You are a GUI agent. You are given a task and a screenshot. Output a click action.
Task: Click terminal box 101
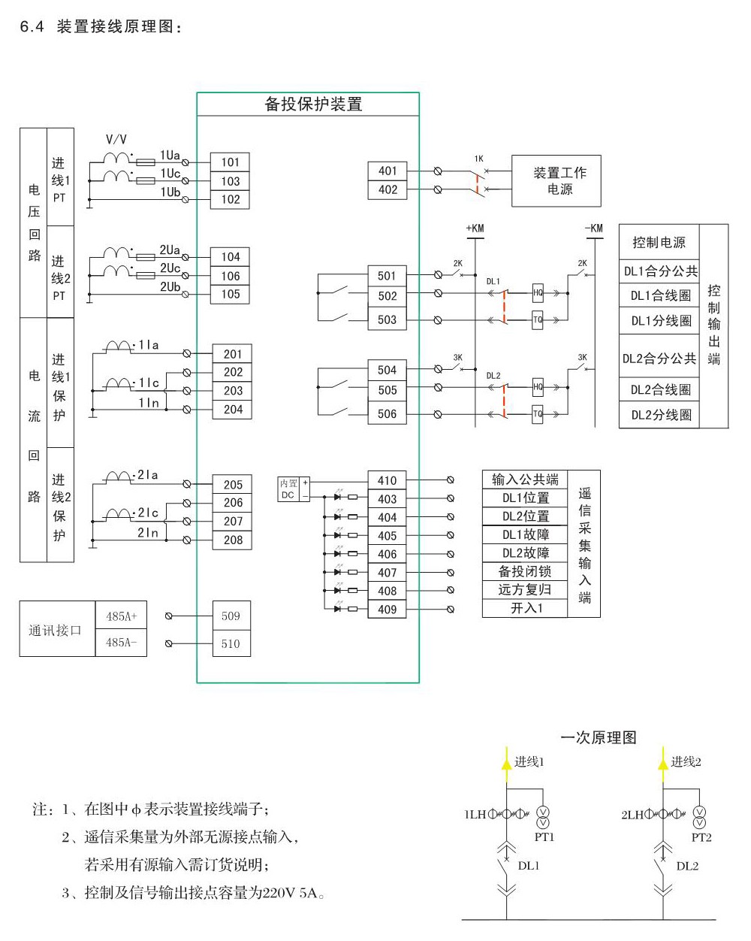click(x=230, y=162)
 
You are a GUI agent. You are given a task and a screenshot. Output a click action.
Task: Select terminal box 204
click(x=233, y=410)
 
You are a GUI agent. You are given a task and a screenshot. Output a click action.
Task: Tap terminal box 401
click(x=388, y=171)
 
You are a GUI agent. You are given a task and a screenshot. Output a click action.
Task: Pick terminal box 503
click(x=387, y=319)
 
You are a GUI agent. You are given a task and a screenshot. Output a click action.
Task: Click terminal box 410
click(x=387, y=480)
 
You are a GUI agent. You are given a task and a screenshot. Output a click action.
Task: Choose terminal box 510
click(x=231, y=643)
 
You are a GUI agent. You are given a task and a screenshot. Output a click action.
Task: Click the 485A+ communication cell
click(x=122, y=616)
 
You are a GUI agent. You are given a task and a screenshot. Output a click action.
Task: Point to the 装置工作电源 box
click(x=556, y=181)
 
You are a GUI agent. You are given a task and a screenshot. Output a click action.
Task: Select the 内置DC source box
click(x=289, y=489)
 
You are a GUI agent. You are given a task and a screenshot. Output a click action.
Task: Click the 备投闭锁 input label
click(x=525, y=571)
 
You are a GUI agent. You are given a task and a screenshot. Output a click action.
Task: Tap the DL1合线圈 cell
click(x=660, y=295)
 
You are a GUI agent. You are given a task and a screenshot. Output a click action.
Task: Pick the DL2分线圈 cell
click(x=660, y=415)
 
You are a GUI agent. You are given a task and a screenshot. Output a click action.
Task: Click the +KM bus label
click(x=475, y=228)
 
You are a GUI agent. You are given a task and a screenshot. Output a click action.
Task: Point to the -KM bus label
click(x=593, y=228)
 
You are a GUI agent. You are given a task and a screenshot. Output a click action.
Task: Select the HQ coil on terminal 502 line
click(x=538, y=293)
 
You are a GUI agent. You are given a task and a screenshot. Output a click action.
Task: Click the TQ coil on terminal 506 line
click(x=538, y=414)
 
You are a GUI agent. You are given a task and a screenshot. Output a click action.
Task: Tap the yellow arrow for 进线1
click(x=505, y=761)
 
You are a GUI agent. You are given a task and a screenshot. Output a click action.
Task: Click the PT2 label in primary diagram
click(x=701, y=837)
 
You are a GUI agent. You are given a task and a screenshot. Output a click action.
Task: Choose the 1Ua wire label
click(x=170, y=156)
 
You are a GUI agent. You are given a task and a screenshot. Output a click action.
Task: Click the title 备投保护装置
click(x=313, y=104)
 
